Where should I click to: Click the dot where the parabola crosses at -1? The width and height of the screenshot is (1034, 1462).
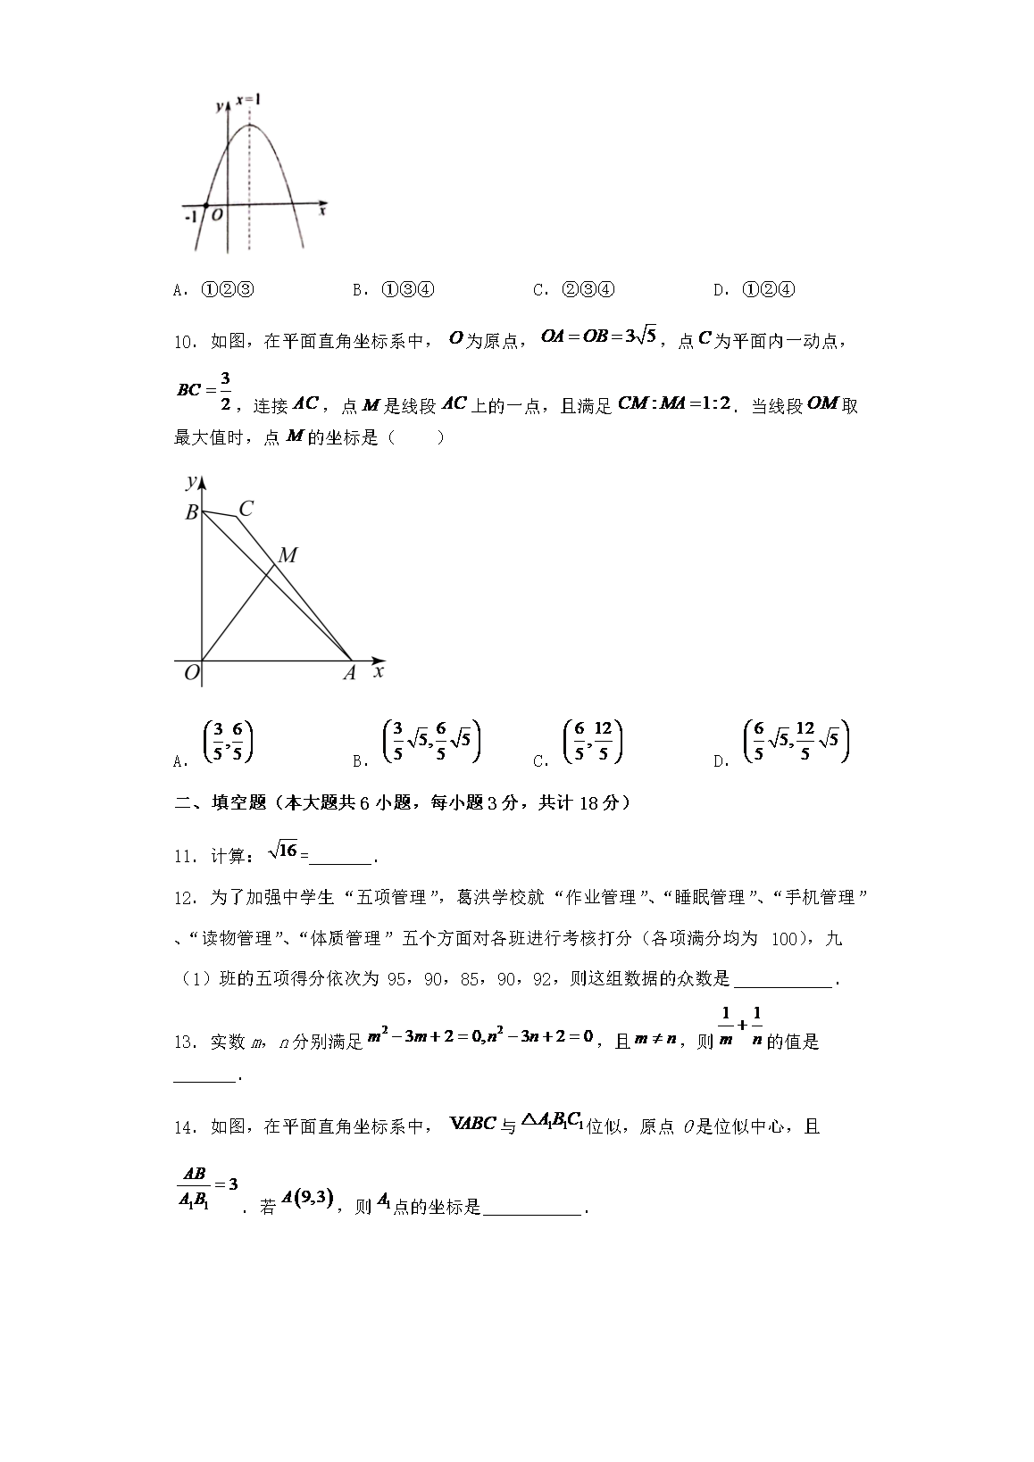click(205, 206)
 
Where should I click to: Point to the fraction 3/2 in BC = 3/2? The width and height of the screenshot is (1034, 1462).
click(225, 391)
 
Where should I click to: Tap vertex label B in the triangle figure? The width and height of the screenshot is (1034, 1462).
click(190, 513)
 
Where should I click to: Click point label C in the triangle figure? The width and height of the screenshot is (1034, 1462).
click(246, 510)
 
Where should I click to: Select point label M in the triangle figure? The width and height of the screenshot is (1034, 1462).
click(287, 556)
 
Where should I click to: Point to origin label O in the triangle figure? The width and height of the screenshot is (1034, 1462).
click(190, 674)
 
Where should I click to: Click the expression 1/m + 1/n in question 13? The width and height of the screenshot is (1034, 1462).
click(740, 1027)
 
